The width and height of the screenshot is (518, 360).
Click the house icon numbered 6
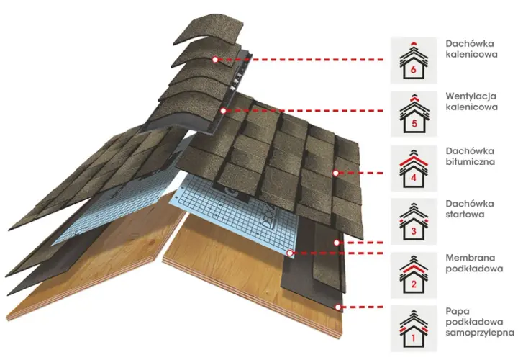click(414, 60)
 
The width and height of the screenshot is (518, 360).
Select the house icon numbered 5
click(414, 114)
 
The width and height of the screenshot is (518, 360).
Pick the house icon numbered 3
click(414, 222)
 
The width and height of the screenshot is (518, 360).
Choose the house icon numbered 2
click(414, 275)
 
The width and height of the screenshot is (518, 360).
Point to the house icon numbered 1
click(414, 328)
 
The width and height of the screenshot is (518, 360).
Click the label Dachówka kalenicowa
click(471, 49)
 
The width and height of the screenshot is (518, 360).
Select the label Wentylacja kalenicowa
click(471, 102)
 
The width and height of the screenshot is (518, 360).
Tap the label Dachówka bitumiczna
click(470, 156)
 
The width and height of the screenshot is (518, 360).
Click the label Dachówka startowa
click(470, 209)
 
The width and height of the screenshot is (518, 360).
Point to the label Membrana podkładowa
click(474, 263)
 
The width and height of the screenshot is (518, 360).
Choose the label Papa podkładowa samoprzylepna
click(480, 322)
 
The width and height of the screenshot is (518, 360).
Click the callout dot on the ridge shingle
click(215, 60)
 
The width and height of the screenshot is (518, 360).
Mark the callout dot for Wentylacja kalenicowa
click(224, 111)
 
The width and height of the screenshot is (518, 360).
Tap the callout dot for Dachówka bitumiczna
click(336, 173)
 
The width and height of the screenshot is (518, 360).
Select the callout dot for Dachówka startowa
click(337, 243)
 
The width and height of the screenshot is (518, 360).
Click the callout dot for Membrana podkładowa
click(290, 253)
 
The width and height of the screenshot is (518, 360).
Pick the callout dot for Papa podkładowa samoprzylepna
click(337, 307)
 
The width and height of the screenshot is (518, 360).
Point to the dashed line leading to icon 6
click(301, 60)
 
